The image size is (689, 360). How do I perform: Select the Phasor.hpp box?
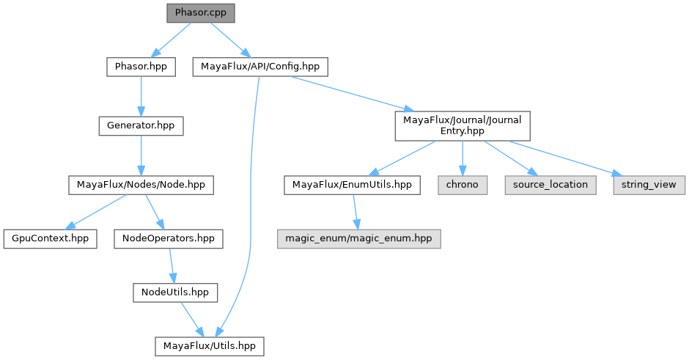click(x=141, y=67)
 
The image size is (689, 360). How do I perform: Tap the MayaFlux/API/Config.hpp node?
click(x=259, y=67)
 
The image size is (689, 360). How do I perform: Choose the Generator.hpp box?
click(x=140, y=125)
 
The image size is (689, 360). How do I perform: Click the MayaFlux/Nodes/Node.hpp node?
click(x=140, y=184)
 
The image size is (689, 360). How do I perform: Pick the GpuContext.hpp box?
click(x=50, y=238)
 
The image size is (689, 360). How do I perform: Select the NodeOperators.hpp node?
click(x=169, y=238)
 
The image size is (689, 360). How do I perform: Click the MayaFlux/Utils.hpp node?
click(x=209, y=344)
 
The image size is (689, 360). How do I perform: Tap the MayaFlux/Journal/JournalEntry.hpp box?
click(x=462, y=125)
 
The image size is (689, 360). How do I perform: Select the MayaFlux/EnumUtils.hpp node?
click(x=353, y=184)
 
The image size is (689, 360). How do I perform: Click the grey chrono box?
click(x=463, y=184)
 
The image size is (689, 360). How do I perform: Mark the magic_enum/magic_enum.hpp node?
click(x=358, y=238)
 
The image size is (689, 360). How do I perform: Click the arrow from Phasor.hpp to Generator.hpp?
click(x=141, y=96)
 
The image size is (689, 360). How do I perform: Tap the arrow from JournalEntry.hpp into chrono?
click(x=462, y=158)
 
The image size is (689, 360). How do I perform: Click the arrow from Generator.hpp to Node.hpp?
click(x=140, y=155)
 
